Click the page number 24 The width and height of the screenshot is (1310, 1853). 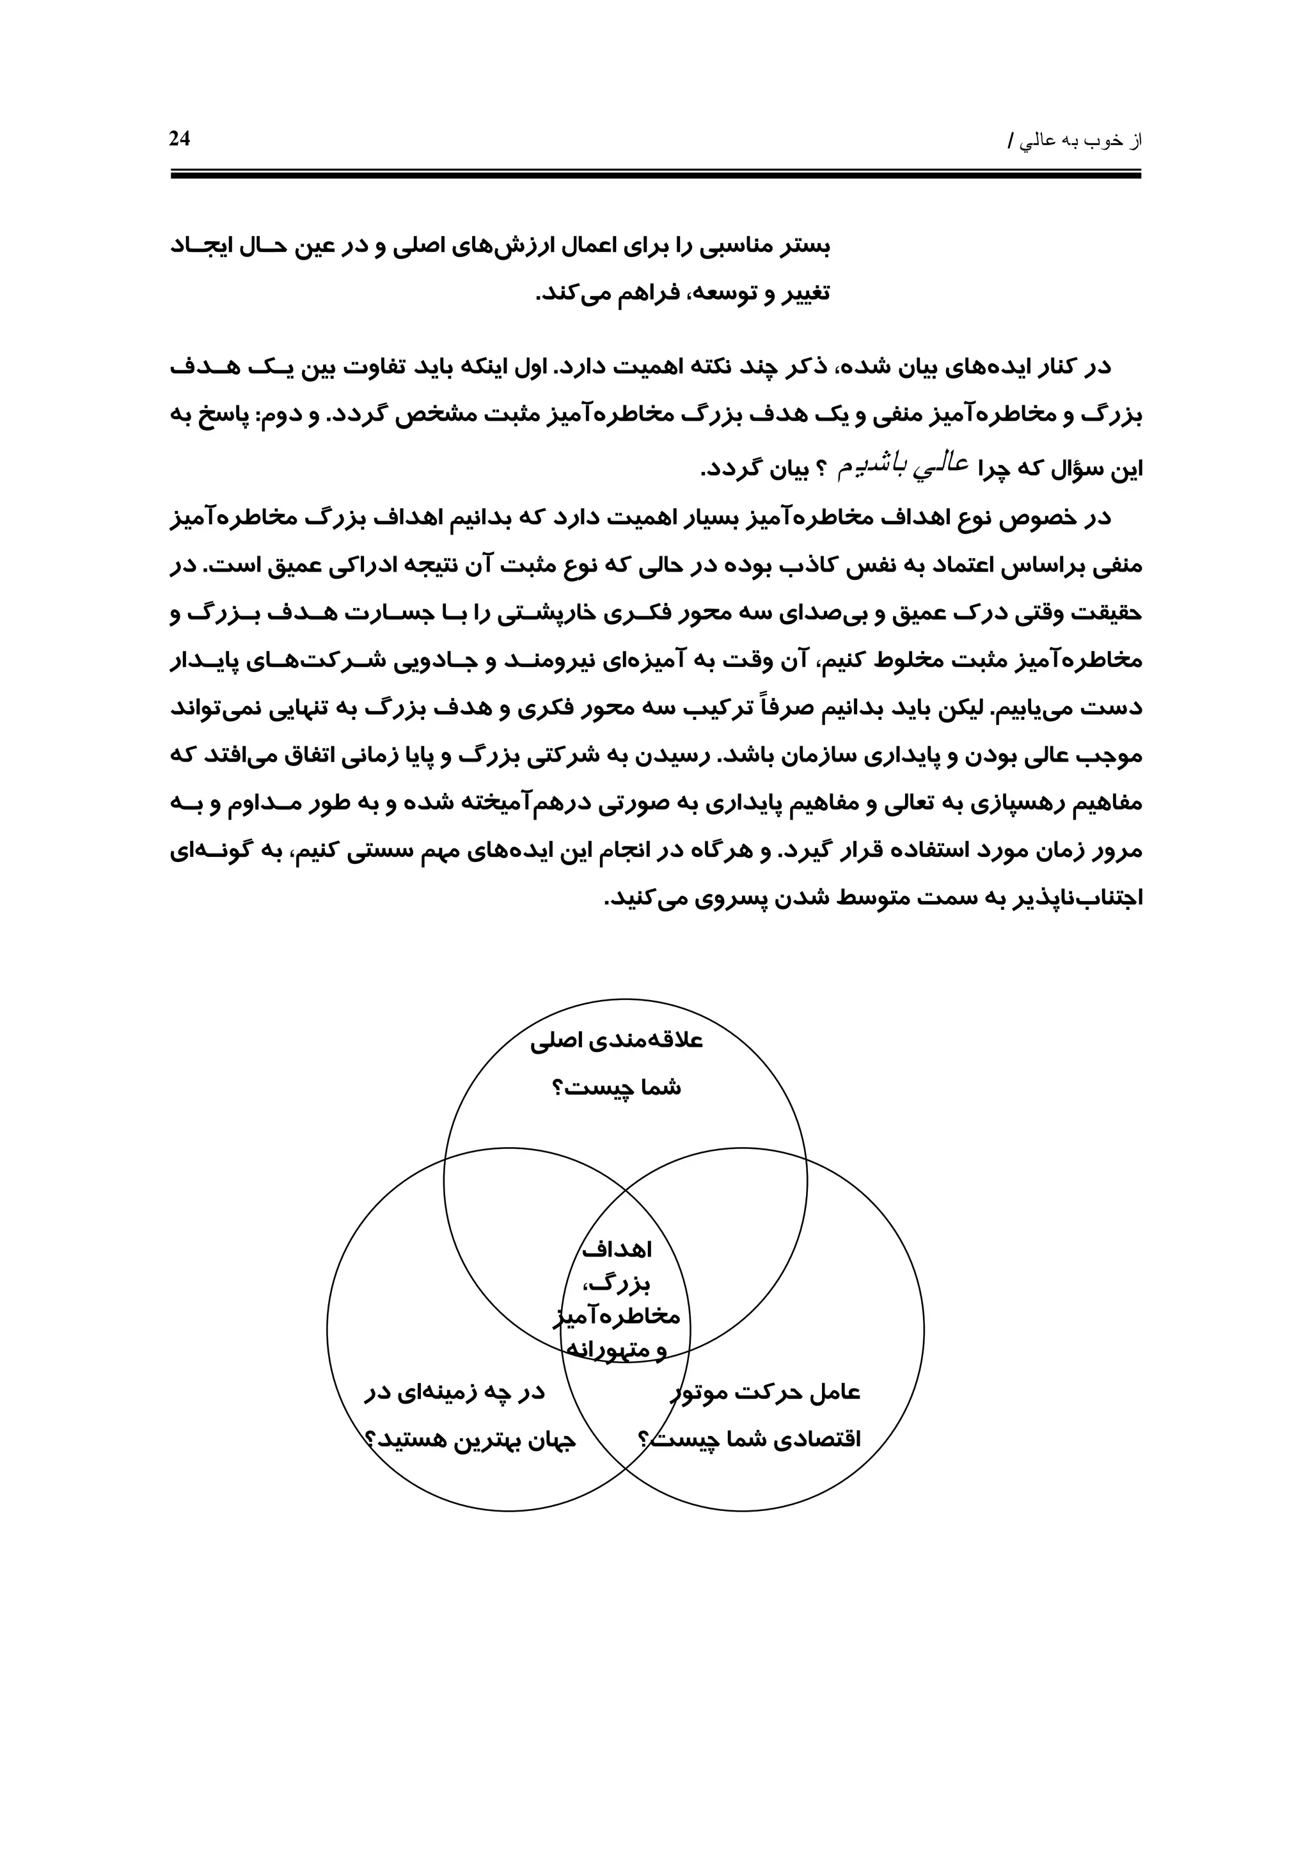[x=179, y=139]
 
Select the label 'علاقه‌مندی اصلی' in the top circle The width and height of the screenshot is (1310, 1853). [x=617, y=1041]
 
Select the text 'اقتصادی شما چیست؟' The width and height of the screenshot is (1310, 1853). [x=751, y=1441]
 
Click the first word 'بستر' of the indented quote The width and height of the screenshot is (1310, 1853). [x=803, y=246]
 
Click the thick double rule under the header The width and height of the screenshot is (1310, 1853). [x=656, y=173]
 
